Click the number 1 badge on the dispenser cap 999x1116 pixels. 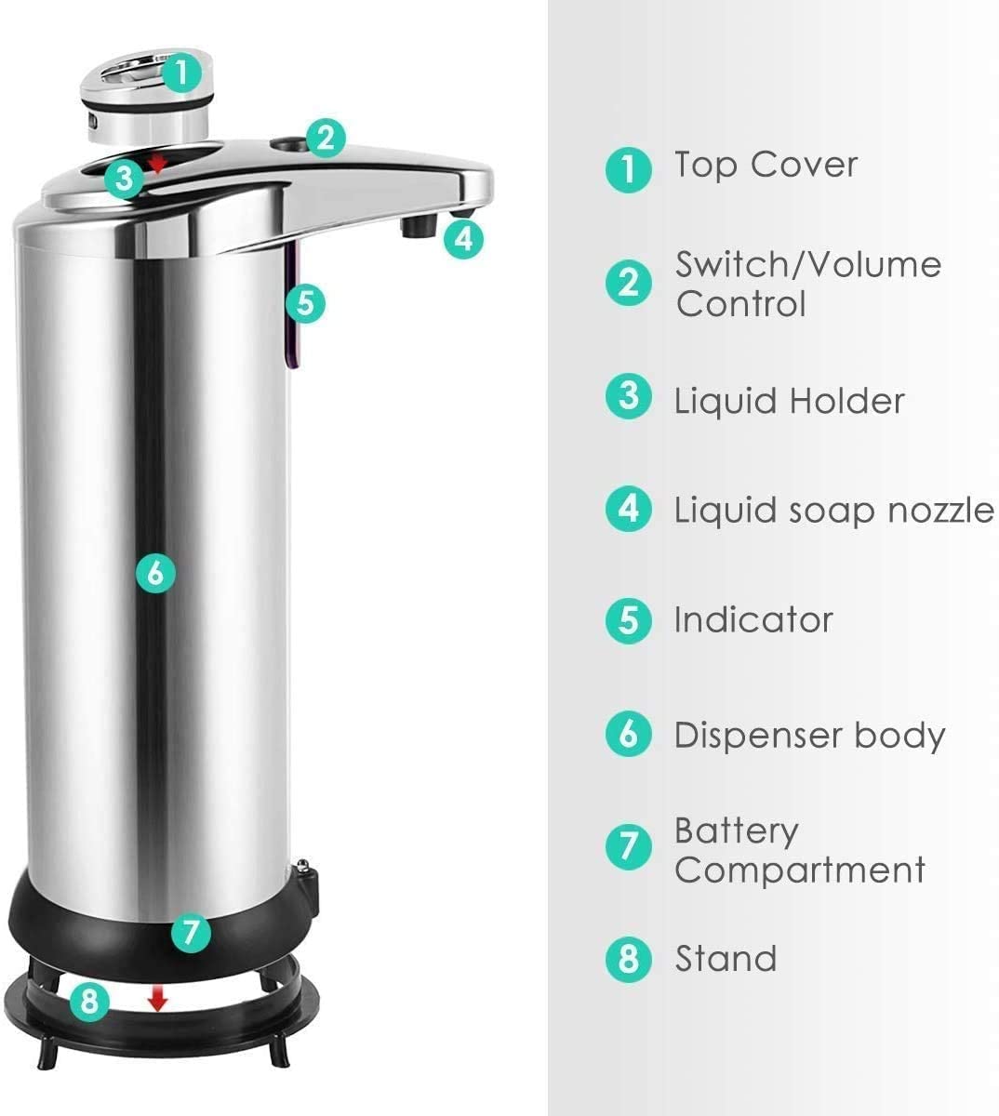182,73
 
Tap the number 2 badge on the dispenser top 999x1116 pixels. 324,138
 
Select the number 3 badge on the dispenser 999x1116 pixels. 124,178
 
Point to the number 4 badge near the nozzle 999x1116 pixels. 463,239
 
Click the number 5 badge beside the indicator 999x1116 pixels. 306,302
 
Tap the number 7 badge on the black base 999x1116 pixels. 191,931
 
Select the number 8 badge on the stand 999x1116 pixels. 89,1002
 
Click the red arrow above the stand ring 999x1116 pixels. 158,1000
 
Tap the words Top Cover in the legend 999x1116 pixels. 766,165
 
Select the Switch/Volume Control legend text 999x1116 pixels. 807,284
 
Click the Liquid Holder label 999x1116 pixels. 788,401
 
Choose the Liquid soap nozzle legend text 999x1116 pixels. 832,510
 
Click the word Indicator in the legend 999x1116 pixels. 753,619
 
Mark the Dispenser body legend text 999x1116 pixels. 808,735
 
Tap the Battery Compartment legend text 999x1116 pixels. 799,850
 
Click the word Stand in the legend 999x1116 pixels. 725,958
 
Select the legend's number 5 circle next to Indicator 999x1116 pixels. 629,620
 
